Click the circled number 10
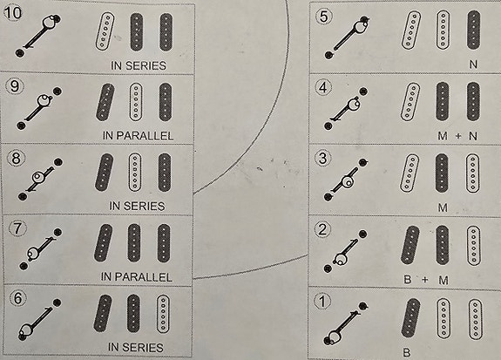[13, 13]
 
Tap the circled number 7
[17, 228]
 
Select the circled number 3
[323, 159]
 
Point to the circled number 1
[323, 302]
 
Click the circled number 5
[323, 17]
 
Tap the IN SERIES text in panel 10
[139, 65]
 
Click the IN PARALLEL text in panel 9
[138, 136]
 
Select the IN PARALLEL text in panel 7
[137, 277]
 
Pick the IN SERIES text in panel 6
[136, 347]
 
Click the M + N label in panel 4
[457, 136]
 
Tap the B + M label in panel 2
[426, 280]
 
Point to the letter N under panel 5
[473, 65]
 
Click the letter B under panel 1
[407, 353]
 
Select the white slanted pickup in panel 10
[105, 31]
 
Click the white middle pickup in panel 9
[136, 102]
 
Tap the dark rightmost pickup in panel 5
[473, 30]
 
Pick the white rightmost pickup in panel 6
[163, 314]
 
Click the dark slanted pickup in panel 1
[410, 318]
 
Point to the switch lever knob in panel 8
[38, 176]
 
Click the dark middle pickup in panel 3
[443, 173]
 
